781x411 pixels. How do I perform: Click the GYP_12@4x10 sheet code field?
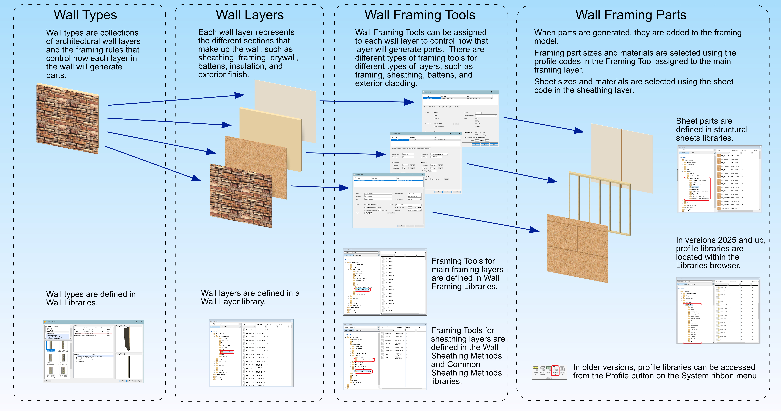click(444, 124)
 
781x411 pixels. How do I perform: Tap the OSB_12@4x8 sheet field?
click(375, 213)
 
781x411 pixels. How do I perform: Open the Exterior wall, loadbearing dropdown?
click(439, 154)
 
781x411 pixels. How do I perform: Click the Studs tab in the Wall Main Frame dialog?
click(398, 148)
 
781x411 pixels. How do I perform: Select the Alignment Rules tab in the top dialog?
click(438, 107)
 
